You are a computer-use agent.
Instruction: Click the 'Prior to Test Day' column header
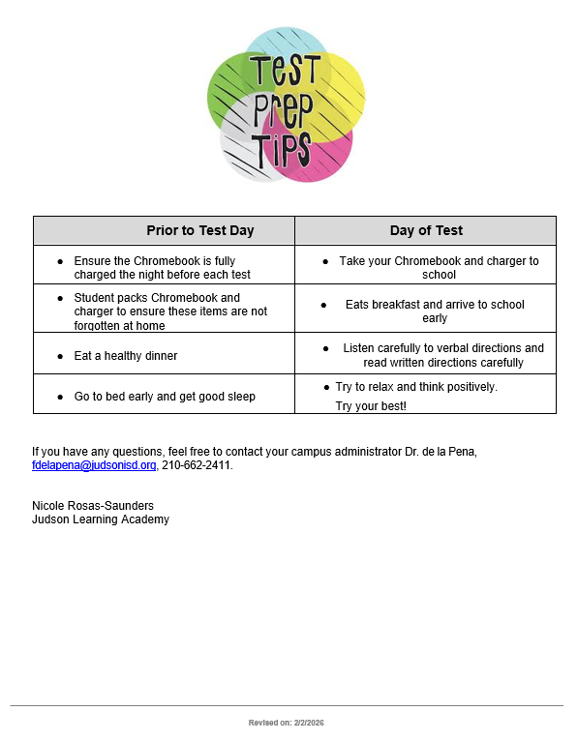tap(199, 230)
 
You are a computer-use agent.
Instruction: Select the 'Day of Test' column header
tap(426, 230)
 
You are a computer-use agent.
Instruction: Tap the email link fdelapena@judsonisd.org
tap(94, 465)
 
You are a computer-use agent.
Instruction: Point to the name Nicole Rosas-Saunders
tap(93, 506)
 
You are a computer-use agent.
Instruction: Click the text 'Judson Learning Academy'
tap(101, 519)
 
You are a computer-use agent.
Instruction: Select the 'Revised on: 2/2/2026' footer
tap(287, 723)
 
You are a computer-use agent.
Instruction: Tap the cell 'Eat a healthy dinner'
tap(126, 356)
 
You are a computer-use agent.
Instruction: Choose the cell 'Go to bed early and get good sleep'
tap(165, 397)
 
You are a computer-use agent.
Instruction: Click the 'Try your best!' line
tap(371, 406)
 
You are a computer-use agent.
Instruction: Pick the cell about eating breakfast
tap(435, 311)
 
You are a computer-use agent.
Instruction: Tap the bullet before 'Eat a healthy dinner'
tap(60, 356)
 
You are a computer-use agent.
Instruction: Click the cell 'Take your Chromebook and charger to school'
tap(439, 268)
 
